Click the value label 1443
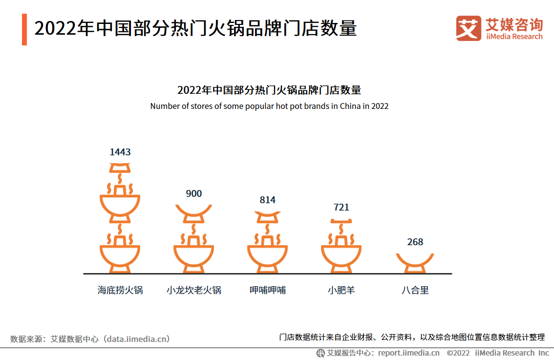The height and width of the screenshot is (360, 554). click(x=120, y=152)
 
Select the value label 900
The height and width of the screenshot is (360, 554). click(x=194, y=194)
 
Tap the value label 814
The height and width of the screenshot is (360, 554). click(x=268, y=200)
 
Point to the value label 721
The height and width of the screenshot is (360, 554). click(x=341, y=207)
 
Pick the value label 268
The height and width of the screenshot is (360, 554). click(x=415, y=242)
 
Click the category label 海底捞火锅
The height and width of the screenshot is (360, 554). click(x=120, y=290)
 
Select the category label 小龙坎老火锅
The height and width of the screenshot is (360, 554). click(x=194, y=290)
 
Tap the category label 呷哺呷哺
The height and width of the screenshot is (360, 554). click(x=268, y=290)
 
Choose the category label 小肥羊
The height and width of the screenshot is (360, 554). click(x=341, y=290)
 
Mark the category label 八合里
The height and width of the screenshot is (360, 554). click(x=415, y=290)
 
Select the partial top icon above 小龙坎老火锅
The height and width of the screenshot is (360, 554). click(x=194, y=211)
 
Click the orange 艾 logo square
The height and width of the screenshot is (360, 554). click(x=469, y=28)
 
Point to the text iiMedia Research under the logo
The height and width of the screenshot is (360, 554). click(x=514, y=37)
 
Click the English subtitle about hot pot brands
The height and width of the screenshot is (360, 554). click(x=269, y=106)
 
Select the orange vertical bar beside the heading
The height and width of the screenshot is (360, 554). click(x=24, y=29)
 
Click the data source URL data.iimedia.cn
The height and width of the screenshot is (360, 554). click(x=138, y=339)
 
